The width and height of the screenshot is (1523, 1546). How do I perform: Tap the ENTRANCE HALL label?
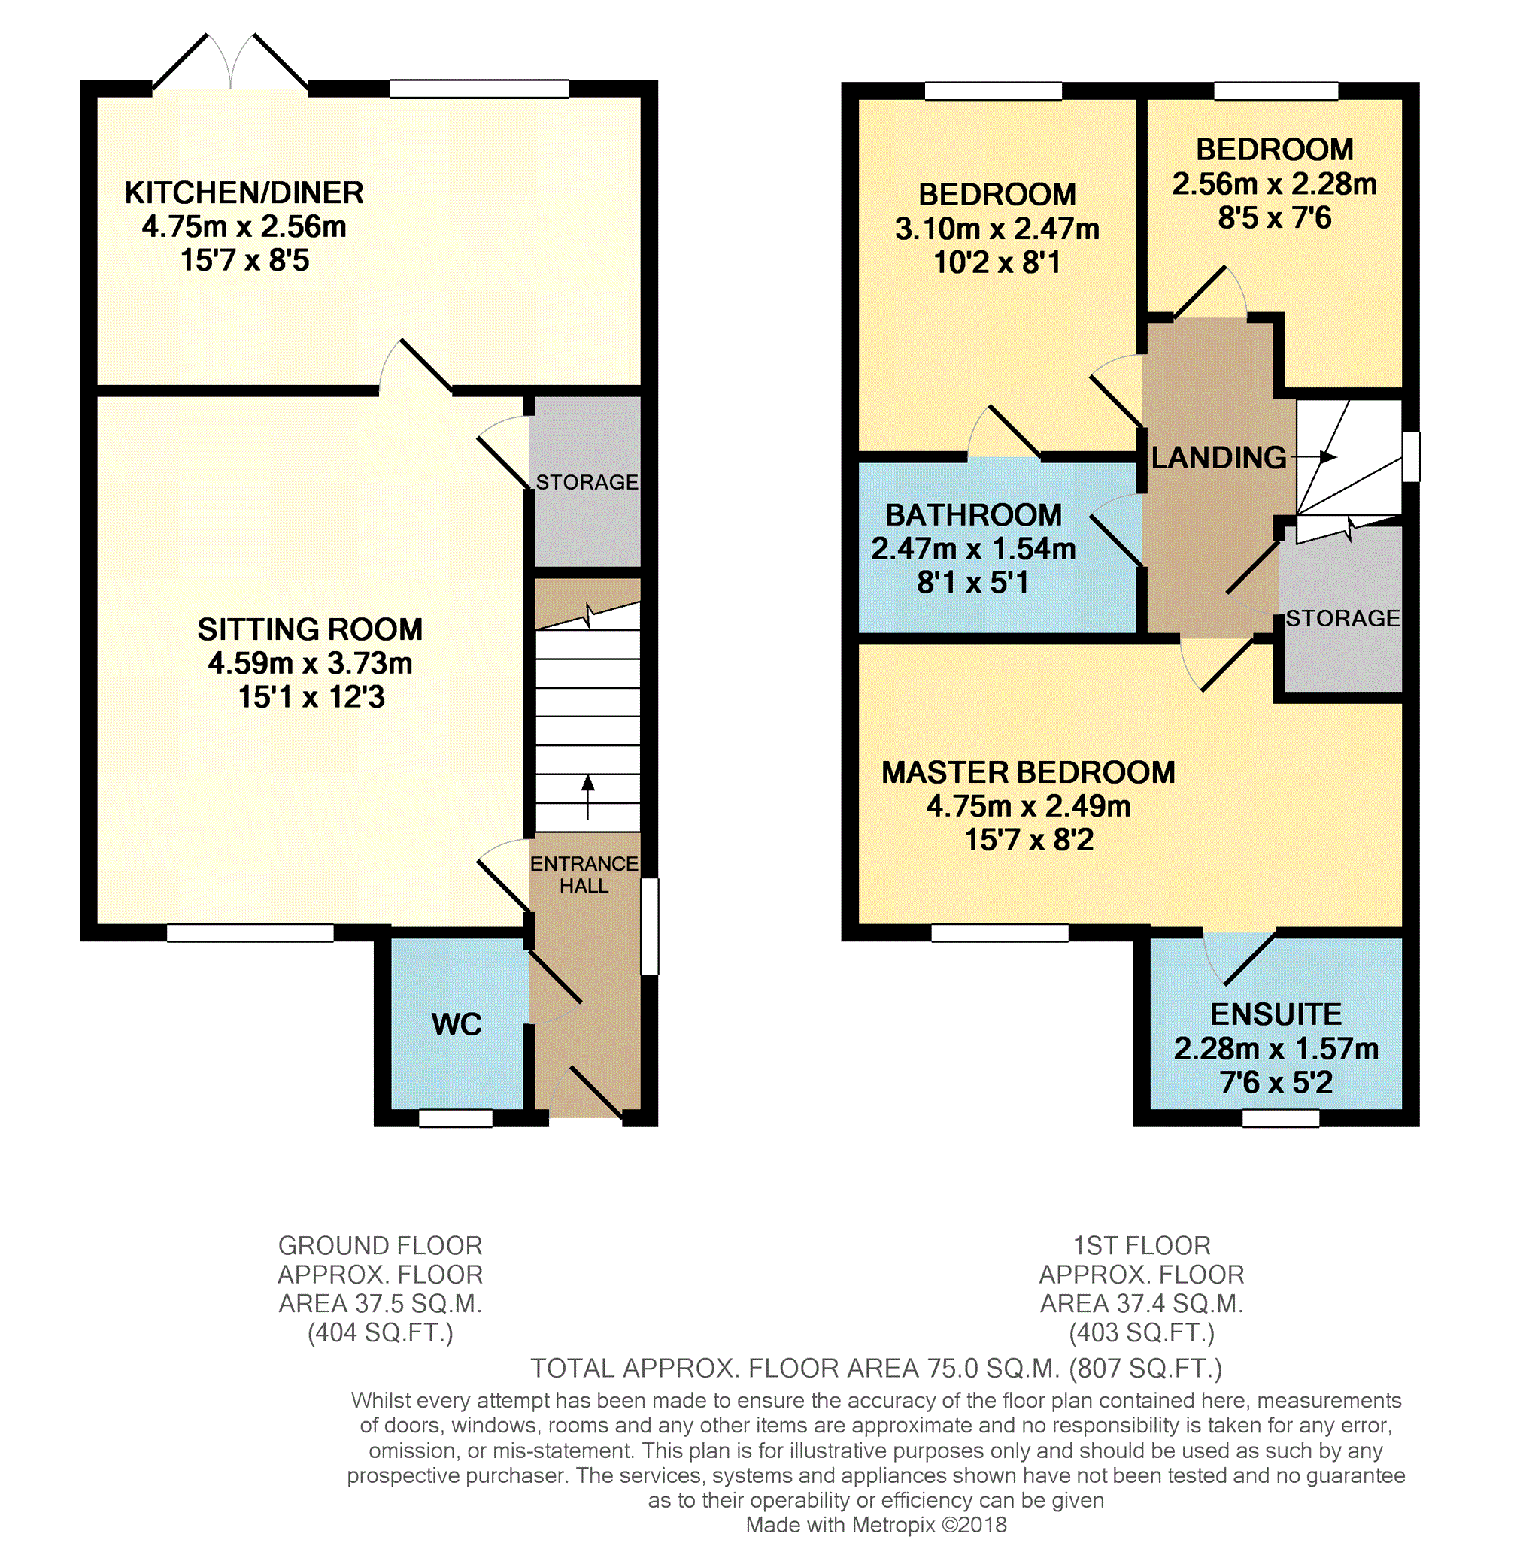pos(584,875)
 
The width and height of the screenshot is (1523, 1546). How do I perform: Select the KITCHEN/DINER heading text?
pos(244,192)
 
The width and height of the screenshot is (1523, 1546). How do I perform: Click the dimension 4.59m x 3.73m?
pos(311,663)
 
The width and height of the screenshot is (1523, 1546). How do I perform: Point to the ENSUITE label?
pos(1276,1014)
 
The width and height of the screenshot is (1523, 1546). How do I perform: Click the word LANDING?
pos(1219,457)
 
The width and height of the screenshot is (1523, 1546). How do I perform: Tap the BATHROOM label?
pos(973,514)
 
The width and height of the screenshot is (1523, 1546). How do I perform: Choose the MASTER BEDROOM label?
pos(1029,771)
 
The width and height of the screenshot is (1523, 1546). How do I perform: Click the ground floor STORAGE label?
pos(587,482)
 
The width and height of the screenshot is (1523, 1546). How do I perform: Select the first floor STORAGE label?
pos(1343,618)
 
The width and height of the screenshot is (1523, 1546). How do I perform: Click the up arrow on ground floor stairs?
pos(588,796)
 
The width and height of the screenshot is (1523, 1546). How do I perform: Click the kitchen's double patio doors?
pos(230,62)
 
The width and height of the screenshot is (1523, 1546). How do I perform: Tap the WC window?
pos(456,1118)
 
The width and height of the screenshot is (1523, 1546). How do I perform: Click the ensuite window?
pos(1281,1118)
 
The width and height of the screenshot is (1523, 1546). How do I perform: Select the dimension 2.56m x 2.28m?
pos(1274,184)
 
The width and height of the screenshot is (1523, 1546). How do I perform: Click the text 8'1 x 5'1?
pos(972,582)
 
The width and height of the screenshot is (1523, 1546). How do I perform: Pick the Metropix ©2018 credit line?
pos(876,1525)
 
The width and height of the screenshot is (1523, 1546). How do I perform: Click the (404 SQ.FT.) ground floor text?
pos(380,1333)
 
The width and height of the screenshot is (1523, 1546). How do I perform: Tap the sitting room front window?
pos(250,932)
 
